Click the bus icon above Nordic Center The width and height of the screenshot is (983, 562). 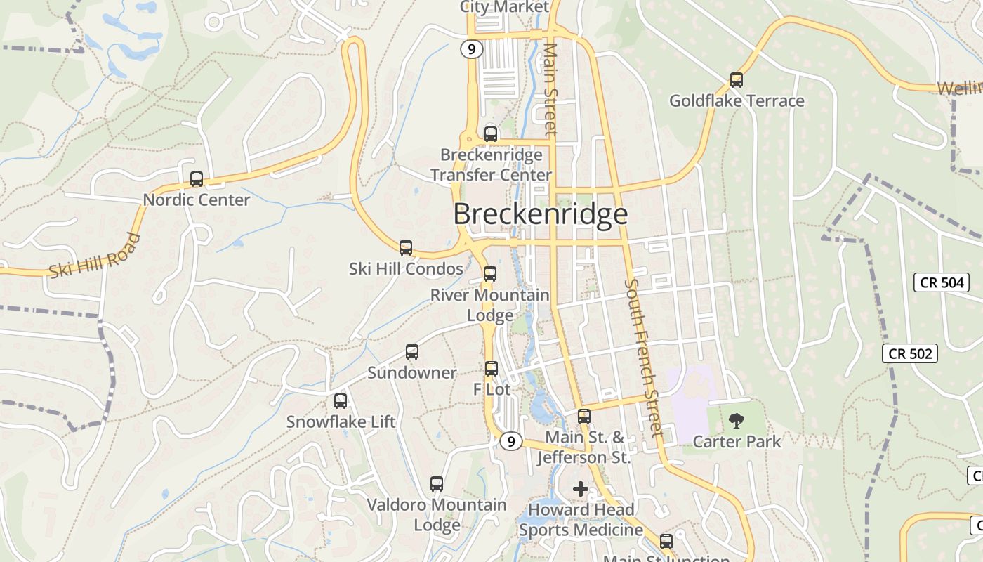pos(197,179)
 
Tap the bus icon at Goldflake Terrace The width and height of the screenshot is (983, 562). pos(736,80)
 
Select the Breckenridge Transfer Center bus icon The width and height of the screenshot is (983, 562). pos(491,133)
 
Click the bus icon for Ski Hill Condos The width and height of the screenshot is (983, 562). pos(406,247)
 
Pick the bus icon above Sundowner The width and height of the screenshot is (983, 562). pos(412,352)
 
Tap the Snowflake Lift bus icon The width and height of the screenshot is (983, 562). pos(341,401)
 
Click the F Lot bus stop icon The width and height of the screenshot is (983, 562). pos(491,368)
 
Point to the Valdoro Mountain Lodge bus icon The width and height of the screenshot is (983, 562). pos(437,483)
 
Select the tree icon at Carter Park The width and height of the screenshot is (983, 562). pos(736,421)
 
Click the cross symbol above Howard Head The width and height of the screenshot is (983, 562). pos(581,489)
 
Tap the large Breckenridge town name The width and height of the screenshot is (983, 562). pos(540,214)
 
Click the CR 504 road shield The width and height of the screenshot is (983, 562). pos(941,282)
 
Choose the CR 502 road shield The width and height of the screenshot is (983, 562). pos(910,353)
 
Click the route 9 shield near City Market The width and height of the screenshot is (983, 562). pos(472,49)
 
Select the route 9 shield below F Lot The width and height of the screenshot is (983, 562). pos(511,441)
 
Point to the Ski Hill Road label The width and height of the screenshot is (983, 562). pos(95,256)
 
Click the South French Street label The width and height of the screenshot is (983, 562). pos(643,358)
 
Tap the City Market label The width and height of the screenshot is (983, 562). pos(504,7)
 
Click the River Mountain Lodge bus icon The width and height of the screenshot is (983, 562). pos(490,274)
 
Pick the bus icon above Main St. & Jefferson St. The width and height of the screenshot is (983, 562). pos(584,416)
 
